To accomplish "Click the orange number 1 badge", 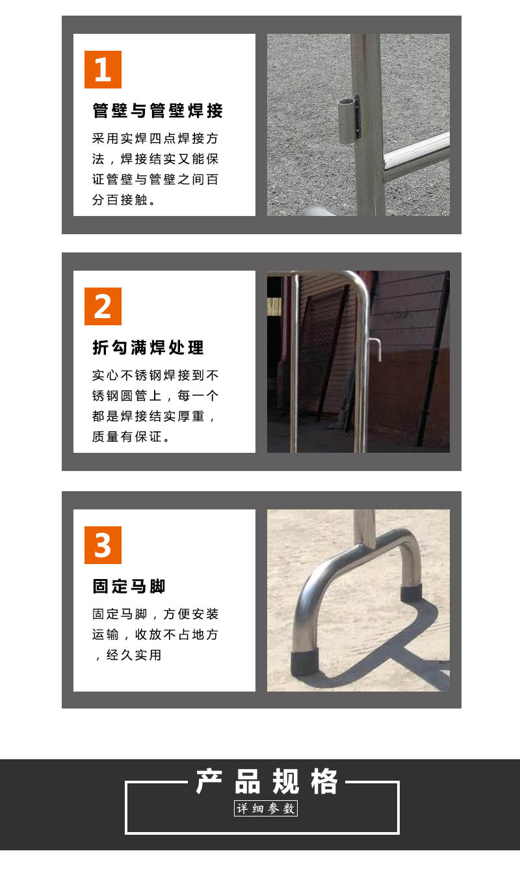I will point(103,70).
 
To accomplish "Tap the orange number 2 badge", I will point(103,306).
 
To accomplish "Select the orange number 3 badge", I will point(103,545).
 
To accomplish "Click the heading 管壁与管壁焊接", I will point(158,111).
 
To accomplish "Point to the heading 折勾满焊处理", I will point(148,347).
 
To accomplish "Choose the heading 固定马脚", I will point(129,586).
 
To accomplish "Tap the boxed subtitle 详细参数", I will point(266,809).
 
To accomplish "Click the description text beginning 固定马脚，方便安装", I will point(155,634).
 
